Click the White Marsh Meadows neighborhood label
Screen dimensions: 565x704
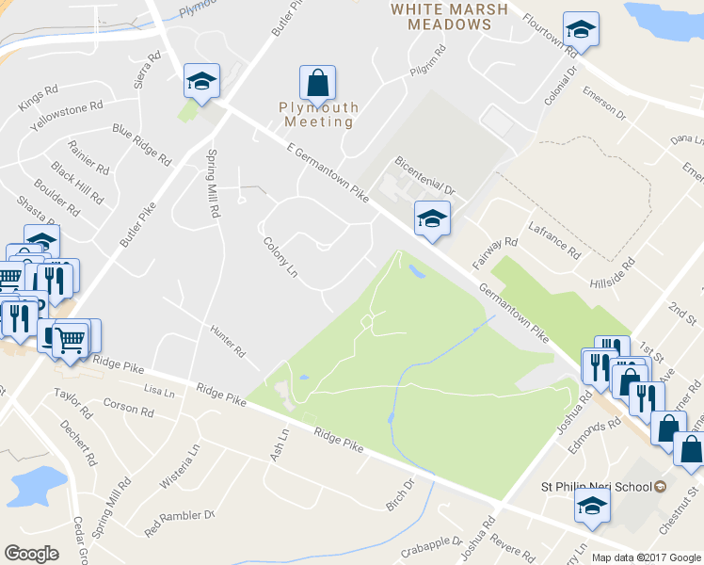[x=450, y=17]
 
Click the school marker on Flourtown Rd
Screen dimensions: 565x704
[x=581, y=30]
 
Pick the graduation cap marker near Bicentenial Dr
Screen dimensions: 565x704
[x=432, y=218]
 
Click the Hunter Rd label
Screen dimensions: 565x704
[x=227, y=339]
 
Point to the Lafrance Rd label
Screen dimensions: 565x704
[x=553, y=242]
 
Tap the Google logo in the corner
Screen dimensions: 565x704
[x=32, y=554]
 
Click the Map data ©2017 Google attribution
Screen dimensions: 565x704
[x=646, y=557]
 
